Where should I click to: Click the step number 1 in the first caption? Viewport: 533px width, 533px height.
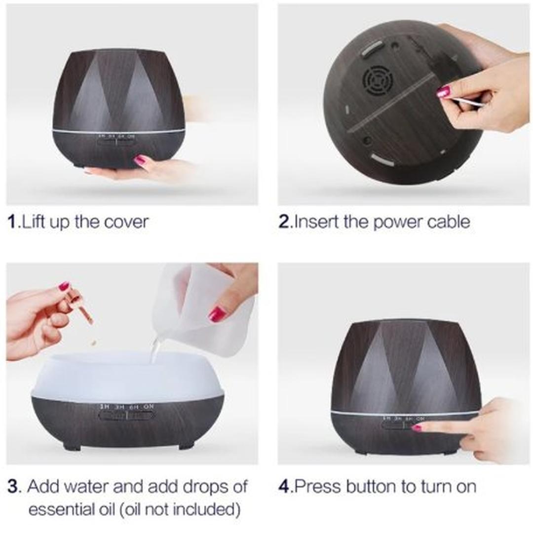[12, 222]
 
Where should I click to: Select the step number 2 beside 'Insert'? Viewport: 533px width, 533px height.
[285, 222]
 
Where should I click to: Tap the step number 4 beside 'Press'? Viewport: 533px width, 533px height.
[285, 487]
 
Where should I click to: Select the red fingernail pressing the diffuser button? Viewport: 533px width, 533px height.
[417, 427]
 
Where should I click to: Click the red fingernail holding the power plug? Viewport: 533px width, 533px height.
[443, 91]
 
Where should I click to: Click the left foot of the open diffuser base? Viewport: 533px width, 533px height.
[72, 446]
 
